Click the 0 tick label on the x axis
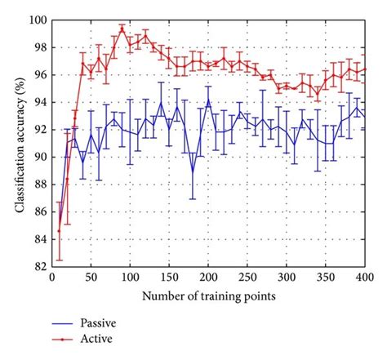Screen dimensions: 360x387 (51, 277)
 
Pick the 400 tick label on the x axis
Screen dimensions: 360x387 (364, 277)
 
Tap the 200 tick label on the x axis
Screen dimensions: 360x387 (207, 277)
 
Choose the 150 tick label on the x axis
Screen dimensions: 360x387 (168, 277)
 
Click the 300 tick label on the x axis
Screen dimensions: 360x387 (286, 277)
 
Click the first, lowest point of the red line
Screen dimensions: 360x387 (59, 231)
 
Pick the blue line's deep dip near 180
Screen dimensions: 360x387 (192, 170)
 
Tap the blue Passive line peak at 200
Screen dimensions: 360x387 (207, 101)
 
